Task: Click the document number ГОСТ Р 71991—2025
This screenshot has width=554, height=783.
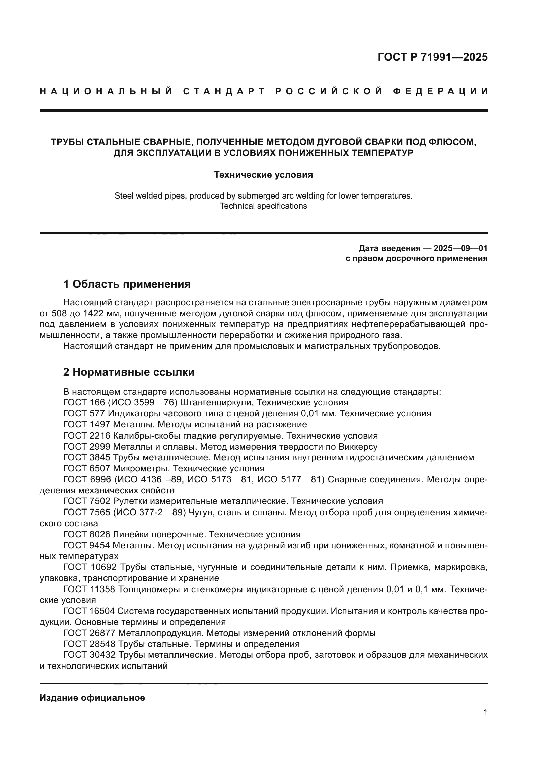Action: click(x=432, y=57)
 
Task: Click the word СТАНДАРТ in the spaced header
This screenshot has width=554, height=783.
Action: click(x=224, y=91)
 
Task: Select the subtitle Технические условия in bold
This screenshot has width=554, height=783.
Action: click(x=263, y=175)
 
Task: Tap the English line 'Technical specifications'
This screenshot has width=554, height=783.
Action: click(x=263, y=206)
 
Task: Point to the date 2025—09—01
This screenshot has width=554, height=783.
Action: click(x=461, y=248)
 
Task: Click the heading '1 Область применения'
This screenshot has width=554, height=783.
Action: click(x=127, y=284)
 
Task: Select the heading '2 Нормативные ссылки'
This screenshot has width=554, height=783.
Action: click(x=129, y=372)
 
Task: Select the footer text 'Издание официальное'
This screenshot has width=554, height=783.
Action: click(x=92, y=698)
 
